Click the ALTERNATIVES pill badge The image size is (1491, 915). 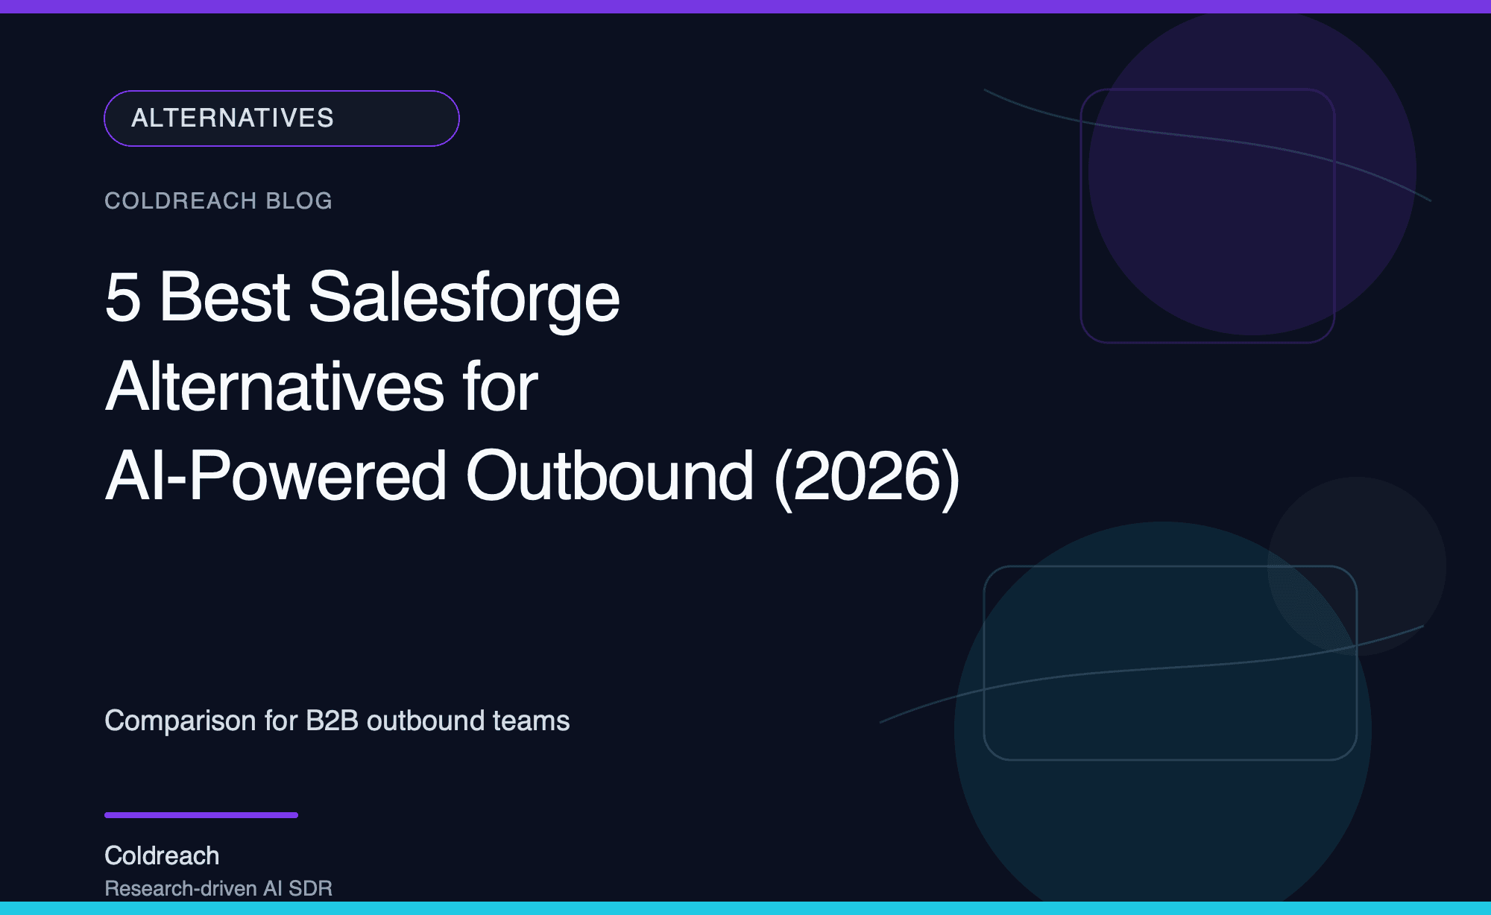point(281,118)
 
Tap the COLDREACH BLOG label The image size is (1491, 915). point(218,200)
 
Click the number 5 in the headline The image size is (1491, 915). point(123,297)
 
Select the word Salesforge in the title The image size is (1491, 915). point(464,297)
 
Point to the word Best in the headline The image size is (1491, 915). point(224,297)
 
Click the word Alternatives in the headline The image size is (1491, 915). point(275,387)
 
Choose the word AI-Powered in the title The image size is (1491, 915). point(276,476)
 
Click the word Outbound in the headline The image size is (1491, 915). point(609,476)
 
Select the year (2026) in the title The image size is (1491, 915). point(867,476)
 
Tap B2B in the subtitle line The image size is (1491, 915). point(332,721)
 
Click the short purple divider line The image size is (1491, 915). point(201,815)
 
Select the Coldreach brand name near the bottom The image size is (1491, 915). point(162,855)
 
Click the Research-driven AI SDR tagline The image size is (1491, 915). point(218,888)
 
